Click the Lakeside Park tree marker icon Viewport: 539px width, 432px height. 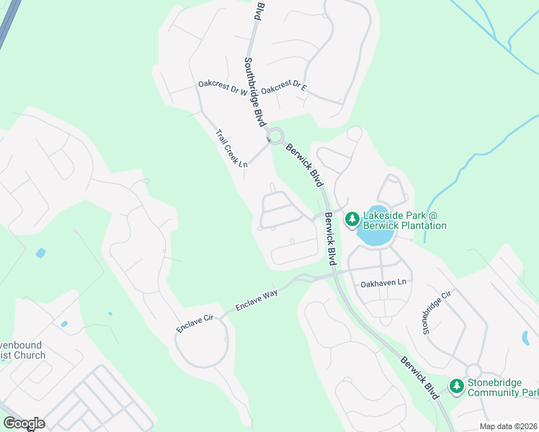tap(352, 218)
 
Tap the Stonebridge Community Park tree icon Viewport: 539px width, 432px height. tap(456, 387)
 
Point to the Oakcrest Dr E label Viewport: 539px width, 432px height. tap(284, 89)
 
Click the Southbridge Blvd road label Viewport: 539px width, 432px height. tap(255, 92)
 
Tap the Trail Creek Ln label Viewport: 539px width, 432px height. tap(231, 148)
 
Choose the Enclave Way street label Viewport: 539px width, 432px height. tap(257, 302)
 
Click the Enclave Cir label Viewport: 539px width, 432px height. tap(195, 323)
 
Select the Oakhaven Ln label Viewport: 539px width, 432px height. tap(384, 283)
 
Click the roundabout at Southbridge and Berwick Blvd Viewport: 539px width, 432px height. tap(275, 137)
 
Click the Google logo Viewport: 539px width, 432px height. tap(24, 423)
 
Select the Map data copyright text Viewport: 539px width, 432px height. tap(508, 426)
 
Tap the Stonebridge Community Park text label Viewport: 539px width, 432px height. tap(502, 387)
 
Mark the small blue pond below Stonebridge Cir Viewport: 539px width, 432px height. tap(524, 337)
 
